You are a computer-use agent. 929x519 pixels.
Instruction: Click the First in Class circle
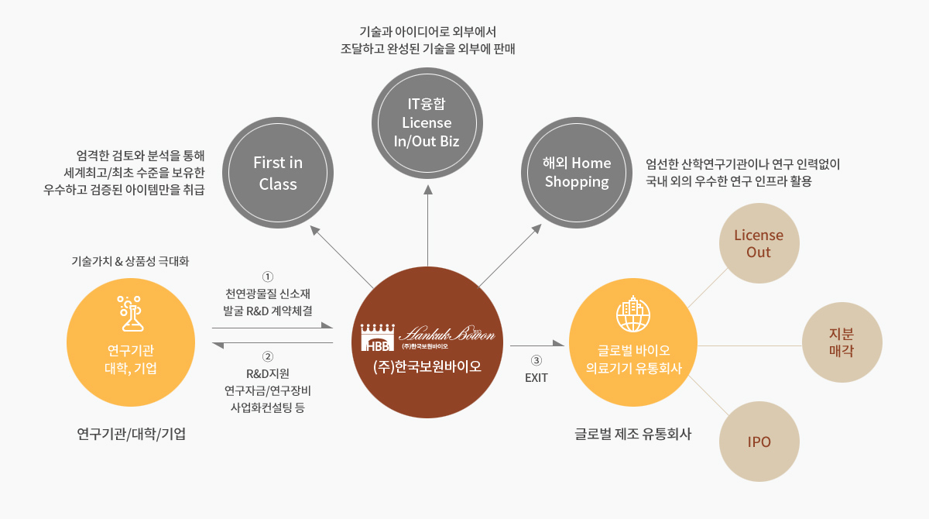tap(278, 173)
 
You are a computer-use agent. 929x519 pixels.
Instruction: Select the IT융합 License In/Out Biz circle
tap(427, 123)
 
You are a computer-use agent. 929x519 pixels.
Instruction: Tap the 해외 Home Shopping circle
tap(577, 173)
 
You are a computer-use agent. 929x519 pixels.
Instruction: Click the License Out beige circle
tap(759, 243)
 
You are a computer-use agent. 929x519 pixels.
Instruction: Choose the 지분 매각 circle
tap(842, 342)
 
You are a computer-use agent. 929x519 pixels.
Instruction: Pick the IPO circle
tap(759, 442)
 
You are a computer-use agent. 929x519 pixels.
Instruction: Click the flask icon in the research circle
tap(131, 314)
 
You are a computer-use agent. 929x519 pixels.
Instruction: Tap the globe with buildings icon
tap(633, 314)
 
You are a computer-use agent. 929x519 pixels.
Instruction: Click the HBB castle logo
tap(378, 337)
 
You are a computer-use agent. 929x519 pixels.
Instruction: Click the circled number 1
tap(268, 277)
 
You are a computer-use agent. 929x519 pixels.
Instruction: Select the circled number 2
tap(268, 356)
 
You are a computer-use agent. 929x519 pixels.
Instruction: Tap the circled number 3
tap(536, 360)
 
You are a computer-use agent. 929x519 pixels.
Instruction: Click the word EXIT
tap(536, 378)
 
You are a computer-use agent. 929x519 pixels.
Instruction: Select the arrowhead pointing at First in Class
tap(315, 230)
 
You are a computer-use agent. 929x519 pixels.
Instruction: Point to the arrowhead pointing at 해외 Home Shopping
tap(537, 229)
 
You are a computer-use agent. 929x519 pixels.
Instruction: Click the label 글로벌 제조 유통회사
tap(633, 434)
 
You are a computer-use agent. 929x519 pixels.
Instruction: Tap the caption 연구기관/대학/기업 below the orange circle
tap(131, 434)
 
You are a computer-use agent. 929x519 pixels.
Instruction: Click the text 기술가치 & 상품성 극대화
tap(130, 261)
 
